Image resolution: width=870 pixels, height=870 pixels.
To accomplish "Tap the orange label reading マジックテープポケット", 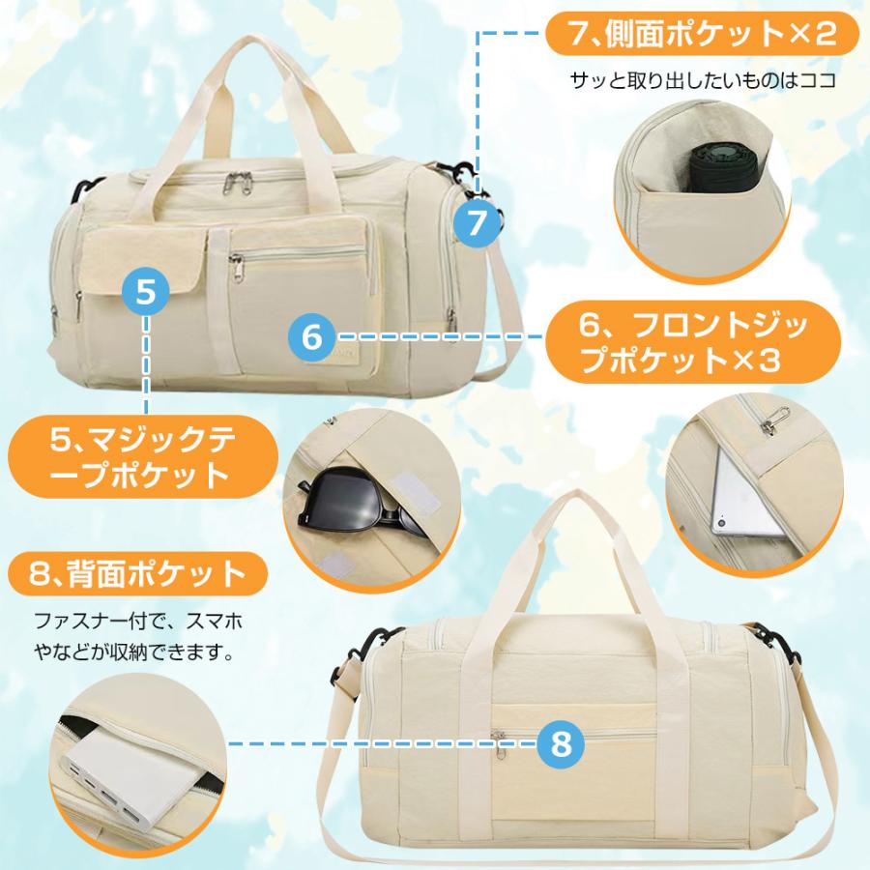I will coord(135,458).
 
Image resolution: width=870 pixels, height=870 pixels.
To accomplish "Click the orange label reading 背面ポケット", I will coord(135,575).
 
